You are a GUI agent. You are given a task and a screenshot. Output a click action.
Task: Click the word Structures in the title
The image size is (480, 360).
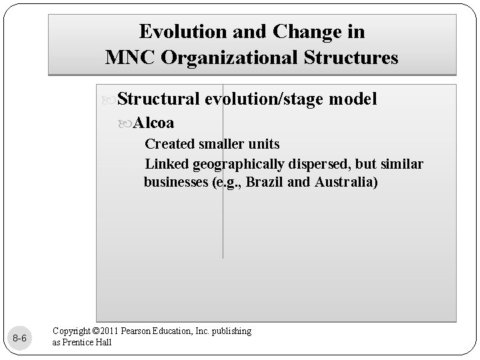pos(351,57)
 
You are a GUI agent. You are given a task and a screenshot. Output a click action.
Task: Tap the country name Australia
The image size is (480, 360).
pos(344,183)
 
